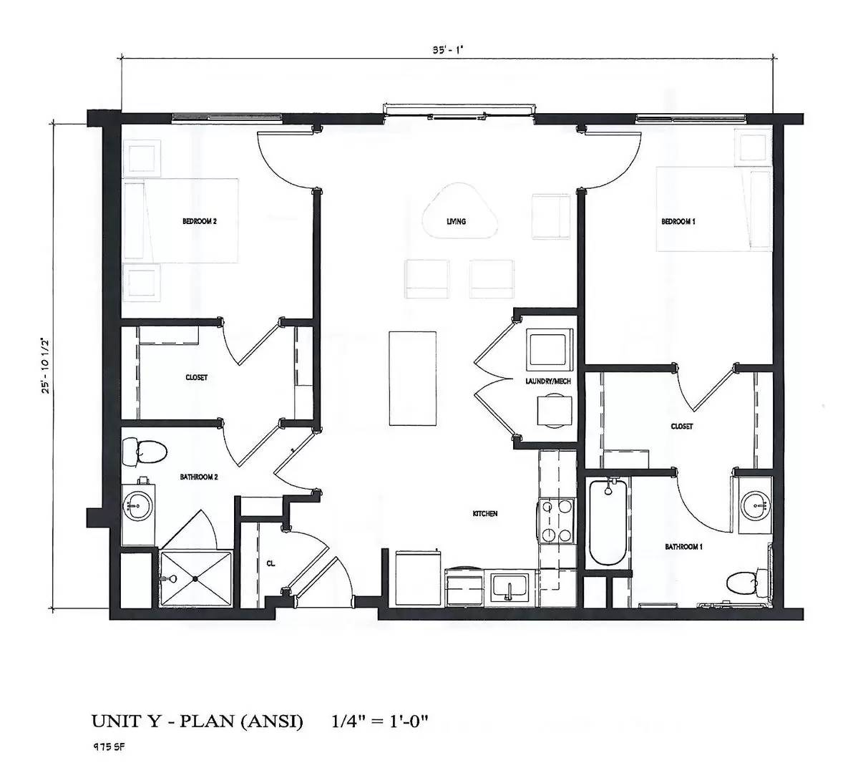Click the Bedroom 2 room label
(x=199, y=221)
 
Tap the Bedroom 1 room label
(x=678, y=221)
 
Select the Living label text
(x=456, y=221)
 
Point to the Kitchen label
(x=484, y=514)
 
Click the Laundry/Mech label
(x=547, y=381)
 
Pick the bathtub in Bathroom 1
(x=608, y=522)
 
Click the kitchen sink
(x=507, y=588)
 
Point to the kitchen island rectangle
(x=413, y=378)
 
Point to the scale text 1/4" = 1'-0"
(x=379, y=721)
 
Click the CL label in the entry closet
(x=270, y=563)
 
